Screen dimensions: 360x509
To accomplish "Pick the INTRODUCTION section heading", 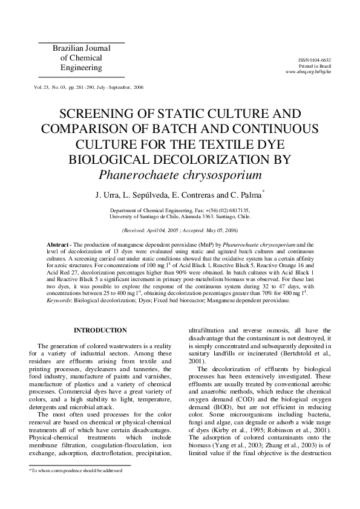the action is coord(100,330).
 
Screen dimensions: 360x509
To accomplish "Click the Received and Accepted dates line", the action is coord(180,230).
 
